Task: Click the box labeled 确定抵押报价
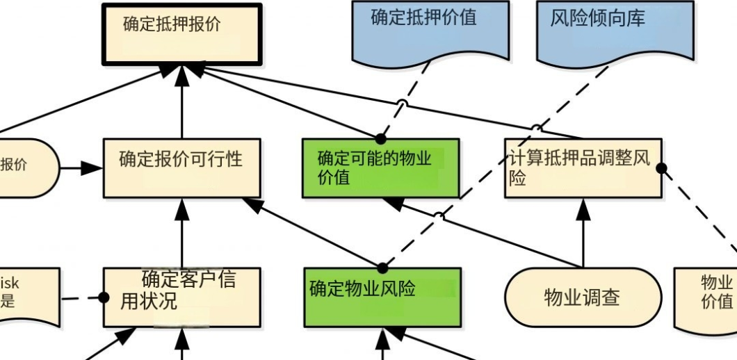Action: click(181, 34)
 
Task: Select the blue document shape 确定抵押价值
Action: click(430, 28)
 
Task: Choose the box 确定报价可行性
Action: click(181, 167)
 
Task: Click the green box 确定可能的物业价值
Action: click(380, 168)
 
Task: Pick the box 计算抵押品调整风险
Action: click(583, 168)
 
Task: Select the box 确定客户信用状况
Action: click(181, 297)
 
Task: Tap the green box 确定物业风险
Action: click(382, 297)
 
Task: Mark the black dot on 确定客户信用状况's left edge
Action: click(104, 297)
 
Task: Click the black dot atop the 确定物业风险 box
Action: click(382, 268)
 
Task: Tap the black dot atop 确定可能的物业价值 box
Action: click(381, 139)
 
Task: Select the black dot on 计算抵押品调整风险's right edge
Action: click(661, 167)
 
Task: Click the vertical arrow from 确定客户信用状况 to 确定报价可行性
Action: click(181, 236)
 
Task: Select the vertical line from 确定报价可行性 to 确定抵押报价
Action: click(181, 104)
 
